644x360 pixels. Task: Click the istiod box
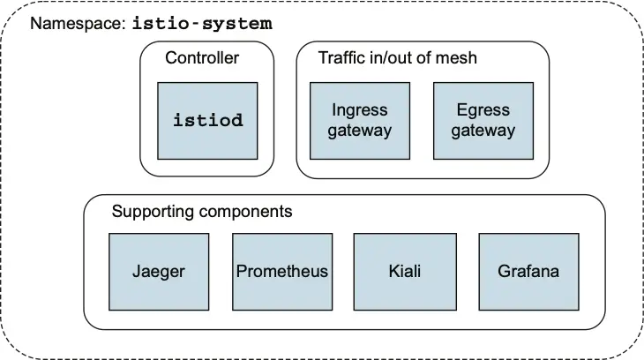pyautogui.click(x=207, y=121)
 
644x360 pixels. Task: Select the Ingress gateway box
pyautogui.click(x=360, y=121)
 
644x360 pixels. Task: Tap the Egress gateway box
pyautogui.click(x=483, y=121)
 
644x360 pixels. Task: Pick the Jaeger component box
pyautogui.click(x=159, y=271)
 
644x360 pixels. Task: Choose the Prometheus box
pyautogui.click(x=282, y=271)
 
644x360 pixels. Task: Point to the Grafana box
pyautogui.click(x=528, y=271)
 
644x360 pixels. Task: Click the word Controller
pyautogui.click(x=202, y=59)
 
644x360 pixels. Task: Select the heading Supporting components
pyautogui.click(x=202, y=213)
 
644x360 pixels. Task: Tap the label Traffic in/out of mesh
pyautogui.click(x=398, y=59)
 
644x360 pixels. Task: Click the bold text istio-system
pyautogui.click(x=202, y=24)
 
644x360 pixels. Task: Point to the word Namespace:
pyautogui.click(x=78, y=24)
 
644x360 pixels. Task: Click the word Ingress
pyautogui.click(x=360, y=111)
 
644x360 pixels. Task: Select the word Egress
pyautogui.click(x=483, y=111)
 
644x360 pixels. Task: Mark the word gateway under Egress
pyautogui.click(x=483, y=131)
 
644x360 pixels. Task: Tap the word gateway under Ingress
pyautogui.click(x=360, y=131)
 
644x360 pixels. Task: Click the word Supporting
pyautogui.click(x=154, y=213)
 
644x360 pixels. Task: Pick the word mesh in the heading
pyautogui.click(x=458, y=59)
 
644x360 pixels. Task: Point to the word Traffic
pyautogui.click(x=341, y=59)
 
